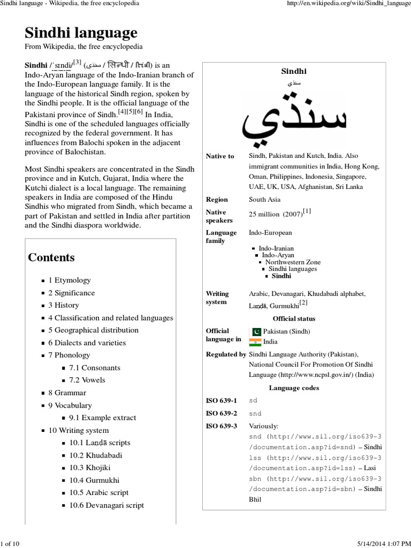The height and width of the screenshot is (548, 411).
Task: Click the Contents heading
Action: click(51, 257)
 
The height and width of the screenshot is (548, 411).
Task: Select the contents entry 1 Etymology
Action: click(70, 280)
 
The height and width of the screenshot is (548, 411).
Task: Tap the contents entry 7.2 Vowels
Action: click(87, 380)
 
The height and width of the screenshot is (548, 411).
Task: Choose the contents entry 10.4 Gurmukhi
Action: click(94, 481)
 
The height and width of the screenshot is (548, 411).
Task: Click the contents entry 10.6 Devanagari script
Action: click(106, 505)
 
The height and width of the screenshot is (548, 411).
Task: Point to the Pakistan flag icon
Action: click(255, 332)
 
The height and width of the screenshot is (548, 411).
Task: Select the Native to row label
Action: click(220, 156)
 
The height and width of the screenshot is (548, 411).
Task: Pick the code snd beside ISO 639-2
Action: click(255, 414)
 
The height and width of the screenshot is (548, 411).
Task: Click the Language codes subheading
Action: click(294, 387)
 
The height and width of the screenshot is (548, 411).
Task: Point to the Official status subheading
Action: click(294, 318)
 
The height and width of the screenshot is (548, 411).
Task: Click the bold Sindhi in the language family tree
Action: click(281, 276)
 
